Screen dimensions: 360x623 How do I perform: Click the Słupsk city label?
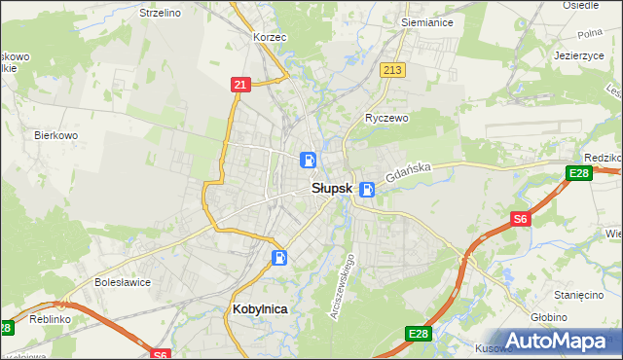[x=331, y=189]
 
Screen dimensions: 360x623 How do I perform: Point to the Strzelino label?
[x=160, y=13]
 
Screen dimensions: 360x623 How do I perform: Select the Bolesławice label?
[x=122, y=282]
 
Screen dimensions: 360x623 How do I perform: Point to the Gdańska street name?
[x=408, y=174]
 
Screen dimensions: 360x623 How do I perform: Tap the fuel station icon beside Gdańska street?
[x=367, y=190]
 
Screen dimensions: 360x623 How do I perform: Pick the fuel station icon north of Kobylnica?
[x=279, y=258]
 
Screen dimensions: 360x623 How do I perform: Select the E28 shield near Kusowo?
[x=418, y=334]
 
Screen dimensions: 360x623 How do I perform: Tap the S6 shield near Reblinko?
[x=161, y=354]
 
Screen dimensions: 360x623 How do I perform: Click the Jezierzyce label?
[x=578, y=55]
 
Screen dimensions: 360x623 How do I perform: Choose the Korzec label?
[x=269, y=36]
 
